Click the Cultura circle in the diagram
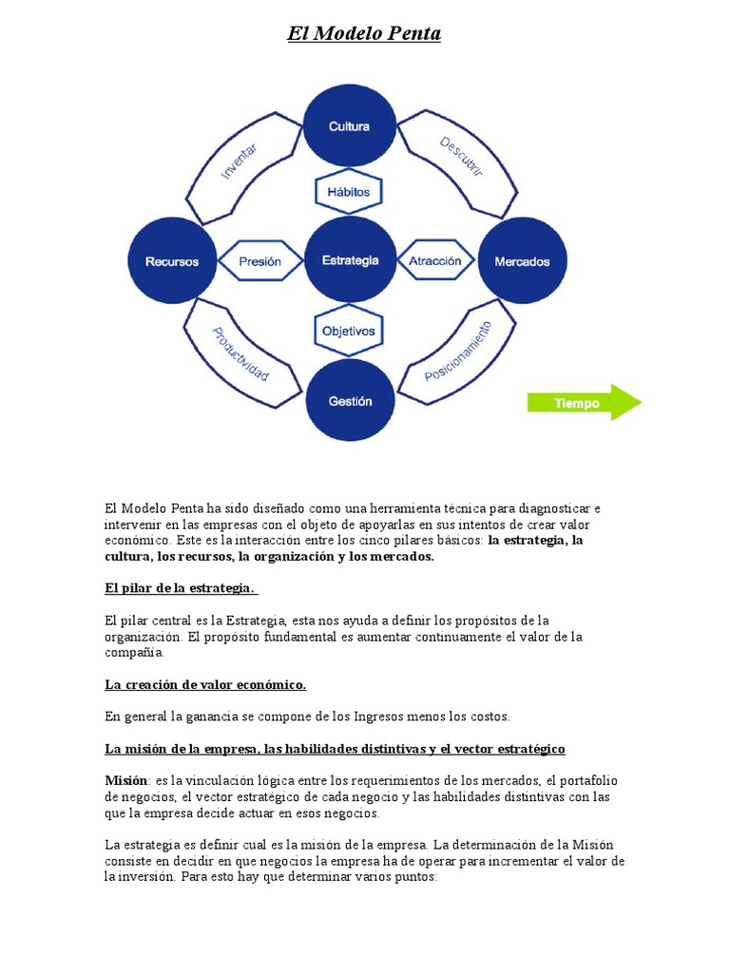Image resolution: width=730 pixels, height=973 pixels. pyautogui.click(x=349, y=126)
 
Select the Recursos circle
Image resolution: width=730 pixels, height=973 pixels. pyautogui.click(x=172, y=261)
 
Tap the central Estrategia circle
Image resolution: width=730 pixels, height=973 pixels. pyautogui.click(x=350, y=260)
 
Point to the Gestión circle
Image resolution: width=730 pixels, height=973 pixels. pyautogui.click(x=350, y=402)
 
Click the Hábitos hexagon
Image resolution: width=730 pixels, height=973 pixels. pyautogui.click(x=349, y=191)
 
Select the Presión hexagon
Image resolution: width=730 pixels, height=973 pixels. pyautogui.click(x=259, y=261)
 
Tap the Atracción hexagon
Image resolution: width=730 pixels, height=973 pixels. pyautogui.click(x=434, y=260)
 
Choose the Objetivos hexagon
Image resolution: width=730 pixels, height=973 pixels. pyautogui.click(x=349, y=332)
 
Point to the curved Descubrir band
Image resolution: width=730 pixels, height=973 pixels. pyautogui.click(x=462, y=158)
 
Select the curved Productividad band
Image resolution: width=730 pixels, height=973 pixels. pyautogui.click(x=239, y=353)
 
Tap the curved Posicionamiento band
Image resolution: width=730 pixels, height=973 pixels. pyautogui.click(x=459, y=352)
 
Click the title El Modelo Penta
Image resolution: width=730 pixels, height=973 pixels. pyautogui.click(x=364, y=34)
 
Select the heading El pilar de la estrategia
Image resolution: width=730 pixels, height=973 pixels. pyautogui.click(x=181, y=588)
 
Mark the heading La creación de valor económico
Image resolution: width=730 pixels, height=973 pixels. pyautogui.click(x=205, y=684)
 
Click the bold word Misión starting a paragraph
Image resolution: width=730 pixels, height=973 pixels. pyautogui.click(x=125, y=780)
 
